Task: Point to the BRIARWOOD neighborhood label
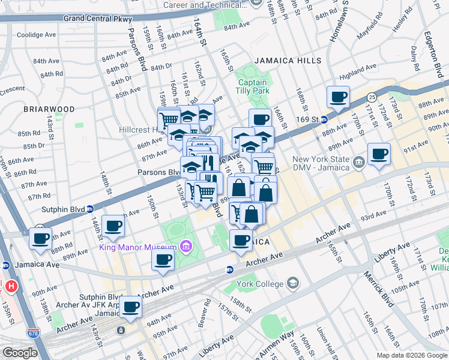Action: [x=49, y=109]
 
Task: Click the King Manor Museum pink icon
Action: [x=185, y=247]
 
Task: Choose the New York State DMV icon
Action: [x=358, y=161]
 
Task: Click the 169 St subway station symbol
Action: [x=323, y=119]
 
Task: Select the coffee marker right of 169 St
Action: [x=338, y=97]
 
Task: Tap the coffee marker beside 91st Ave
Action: [x=379, y=154]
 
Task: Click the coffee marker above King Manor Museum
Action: [x=113, y=226]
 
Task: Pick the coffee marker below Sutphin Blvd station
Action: [x=40, y=238]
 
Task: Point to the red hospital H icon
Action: [x=10, y=286]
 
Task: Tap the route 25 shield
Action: [x=372, y=96]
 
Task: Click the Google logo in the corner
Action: [x=20, y=353]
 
